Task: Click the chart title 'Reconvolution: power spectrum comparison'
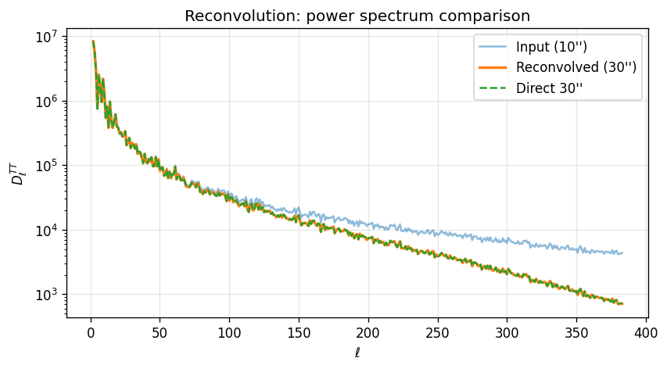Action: tap(357, 16)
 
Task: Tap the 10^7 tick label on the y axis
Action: tap(48, 38)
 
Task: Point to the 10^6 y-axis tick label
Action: tap(48, 102)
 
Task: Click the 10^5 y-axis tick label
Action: tap(48, 167)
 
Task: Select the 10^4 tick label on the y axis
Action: tap(48, 231)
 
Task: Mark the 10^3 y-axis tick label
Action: tap(48, 295)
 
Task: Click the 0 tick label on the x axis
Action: tap(91, 332)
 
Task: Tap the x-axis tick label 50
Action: tap(160, 332)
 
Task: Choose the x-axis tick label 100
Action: tap(229, 332)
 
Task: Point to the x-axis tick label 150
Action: tap(299, 332)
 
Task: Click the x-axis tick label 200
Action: tap(368, 332)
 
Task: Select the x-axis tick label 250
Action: tap(437, 332)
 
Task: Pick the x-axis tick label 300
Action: tap(507, 332)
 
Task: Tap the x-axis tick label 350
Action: tap(576, 332)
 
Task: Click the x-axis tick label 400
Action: tap(645, 332)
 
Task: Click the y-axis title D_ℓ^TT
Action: tap(18, 173)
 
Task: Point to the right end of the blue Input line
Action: tap(622, 253)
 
